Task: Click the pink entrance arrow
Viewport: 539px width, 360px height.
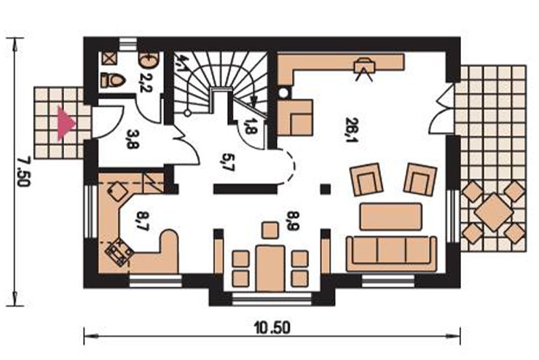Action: coord(65,123)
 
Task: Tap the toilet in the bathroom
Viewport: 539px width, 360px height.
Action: coord(112,80)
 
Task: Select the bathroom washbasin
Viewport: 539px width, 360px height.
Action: coord(149,60)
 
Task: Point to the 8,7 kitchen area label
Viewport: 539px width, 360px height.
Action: coord(142,220)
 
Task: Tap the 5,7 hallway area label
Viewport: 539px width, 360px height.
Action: coord(228,163)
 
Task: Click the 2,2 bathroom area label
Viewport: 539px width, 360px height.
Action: coord(146,82)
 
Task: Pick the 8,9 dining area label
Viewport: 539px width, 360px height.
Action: coord(294,220)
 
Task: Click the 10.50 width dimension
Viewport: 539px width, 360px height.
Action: coord(272,328)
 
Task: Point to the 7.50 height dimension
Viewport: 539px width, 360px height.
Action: coord(24,171)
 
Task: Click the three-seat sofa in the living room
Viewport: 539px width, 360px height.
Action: coord(392,254)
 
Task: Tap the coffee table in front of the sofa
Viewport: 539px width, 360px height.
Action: coord(391,216)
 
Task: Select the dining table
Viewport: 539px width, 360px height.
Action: coord(270,268)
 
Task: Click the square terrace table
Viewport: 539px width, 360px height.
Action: coord(494,212)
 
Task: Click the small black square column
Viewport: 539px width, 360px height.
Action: coord(325,189)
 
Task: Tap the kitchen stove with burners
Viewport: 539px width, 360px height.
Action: coord(119,251)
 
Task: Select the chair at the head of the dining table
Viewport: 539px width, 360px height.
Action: coord(270,230)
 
